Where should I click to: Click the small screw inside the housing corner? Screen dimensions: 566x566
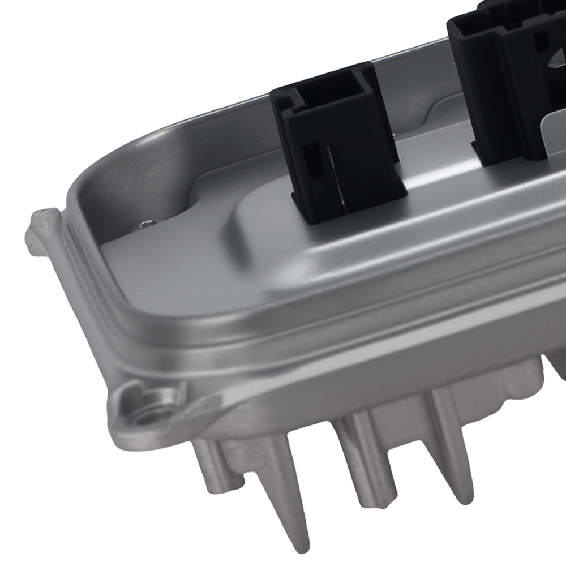tap(145, 225)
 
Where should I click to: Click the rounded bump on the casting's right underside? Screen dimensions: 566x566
tap(558, 368)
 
